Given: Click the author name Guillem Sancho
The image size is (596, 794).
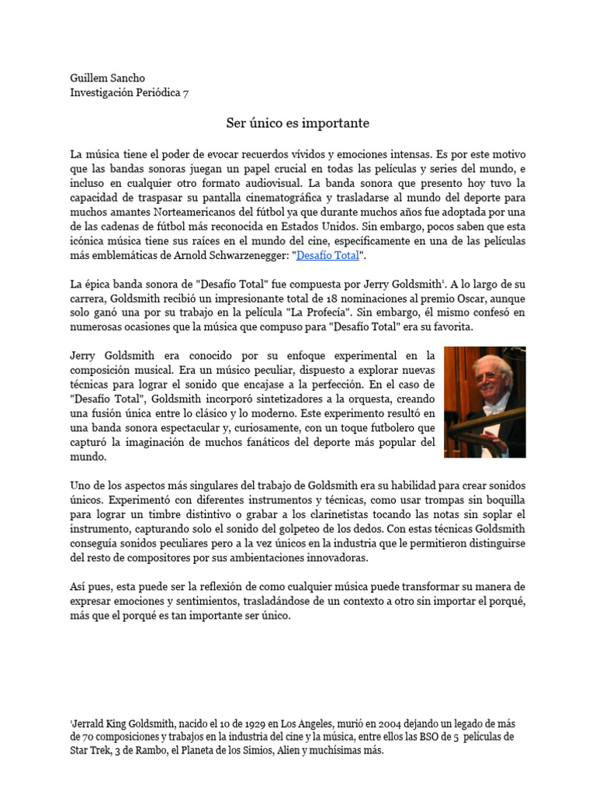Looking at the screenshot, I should pos(107,78).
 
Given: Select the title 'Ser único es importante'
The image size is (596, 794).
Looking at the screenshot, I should pos(287,123).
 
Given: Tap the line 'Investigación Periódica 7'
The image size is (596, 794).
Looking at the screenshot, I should pos(129,93).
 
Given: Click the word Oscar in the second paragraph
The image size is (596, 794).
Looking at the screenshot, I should pos(465,298).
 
